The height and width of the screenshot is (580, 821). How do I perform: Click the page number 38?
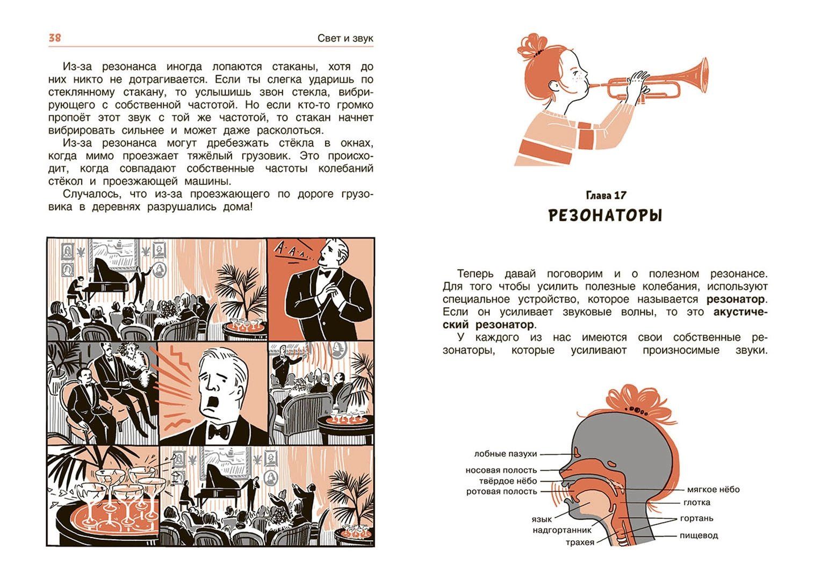click(55, 38)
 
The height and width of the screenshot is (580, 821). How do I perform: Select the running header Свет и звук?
click(345, 39)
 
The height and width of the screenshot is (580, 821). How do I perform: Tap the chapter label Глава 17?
click(606, 195)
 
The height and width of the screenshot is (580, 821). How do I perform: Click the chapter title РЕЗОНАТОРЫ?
click(606, 216)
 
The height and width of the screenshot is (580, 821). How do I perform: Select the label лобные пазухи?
click(506, 454)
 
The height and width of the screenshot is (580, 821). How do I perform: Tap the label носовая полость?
click(501, 470)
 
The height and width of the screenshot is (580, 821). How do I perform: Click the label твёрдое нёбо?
click(508, 481)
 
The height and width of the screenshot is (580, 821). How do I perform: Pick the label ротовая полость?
click(501, 492)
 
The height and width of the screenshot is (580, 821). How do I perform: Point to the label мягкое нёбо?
click(713, 489)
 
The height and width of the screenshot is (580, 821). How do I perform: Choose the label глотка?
click(697, 503)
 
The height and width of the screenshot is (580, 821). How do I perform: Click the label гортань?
click(697, 518)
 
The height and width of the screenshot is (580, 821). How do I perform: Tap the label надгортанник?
click(562, 530)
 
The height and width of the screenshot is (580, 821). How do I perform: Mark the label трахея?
click(580, 542)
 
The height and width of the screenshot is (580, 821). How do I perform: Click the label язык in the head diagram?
click(542, 519)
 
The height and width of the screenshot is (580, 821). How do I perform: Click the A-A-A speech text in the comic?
click(292, 253)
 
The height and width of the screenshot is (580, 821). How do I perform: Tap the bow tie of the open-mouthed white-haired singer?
click(219, 432)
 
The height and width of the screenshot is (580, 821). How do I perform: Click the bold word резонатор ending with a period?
click(737, 299)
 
